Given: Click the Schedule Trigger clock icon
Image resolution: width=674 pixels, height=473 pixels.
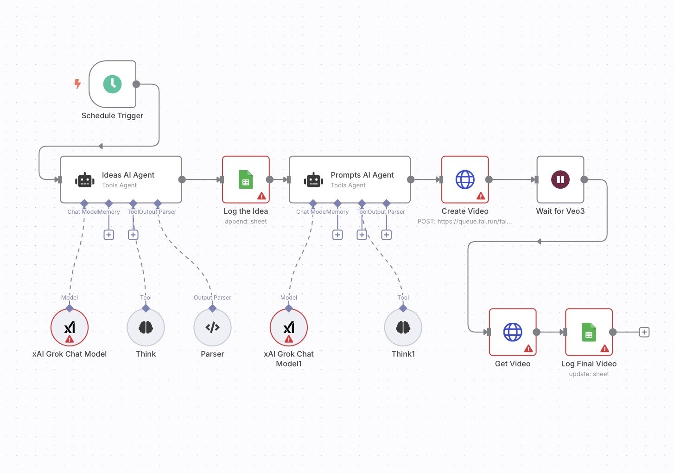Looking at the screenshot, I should click(112, 84).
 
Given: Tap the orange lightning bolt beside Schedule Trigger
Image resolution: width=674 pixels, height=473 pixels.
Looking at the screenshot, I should click(77, 84).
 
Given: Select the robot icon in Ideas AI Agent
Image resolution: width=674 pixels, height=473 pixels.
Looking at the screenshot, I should click(85, 180).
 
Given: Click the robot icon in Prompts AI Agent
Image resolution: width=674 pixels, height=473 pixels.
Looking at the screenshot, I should click(313, 180).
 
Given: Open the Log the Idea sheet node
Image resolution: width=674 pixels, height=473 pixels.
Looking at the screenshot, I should click(246, 179).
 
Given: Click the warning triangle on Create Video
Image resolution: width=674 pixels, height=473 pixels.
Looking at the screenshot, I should click(481, 196).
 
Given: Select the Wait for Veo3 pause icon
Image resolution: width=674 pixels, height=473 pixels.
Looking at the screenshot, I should click(560, 179).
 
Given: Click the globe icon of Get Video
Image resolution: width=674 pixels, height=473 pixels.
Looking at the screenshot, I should click(512, 332).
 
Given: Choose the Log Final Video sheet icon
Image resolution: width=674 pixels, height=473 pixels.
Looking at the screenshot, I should click(589, 332).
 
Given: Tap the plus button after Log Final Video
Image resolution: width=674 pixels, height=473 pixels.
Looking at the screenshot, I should click(644, 332).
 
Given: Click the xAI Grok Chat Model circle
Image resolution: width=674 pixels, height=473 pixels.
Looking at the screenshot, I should click(70, 327).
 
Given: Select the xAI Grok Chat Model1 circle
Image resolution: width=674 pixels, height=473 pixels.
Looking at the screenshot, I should click(289, 327).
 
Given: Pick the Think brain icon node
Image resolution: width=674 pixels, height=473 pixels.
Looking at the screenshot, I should click(146, 327).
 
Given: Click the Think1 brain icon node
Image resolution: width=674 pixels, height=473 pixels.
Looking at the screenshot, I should click(403, 327).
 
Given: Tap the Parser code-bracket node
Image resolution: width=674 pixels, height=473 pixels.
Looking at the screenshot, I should click(212, 327).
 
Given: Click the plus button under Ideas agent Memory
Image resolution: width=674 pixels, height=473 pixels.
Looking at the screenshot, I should click(108, 235).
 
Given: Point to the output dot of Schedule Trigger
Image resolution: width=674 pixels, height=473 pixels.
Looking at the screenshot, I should click(136, 84).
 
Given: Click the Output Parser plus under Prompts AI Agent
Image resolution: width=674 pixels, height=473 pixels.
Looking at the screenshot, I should click(386, 235).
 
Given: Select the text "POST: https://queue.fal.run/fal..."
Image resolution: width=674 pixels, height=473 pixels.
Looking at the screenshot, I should click(464, 221).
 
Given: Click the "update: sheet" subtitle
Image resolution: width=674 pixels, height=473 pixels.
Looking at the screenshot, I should click(589, 374).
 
